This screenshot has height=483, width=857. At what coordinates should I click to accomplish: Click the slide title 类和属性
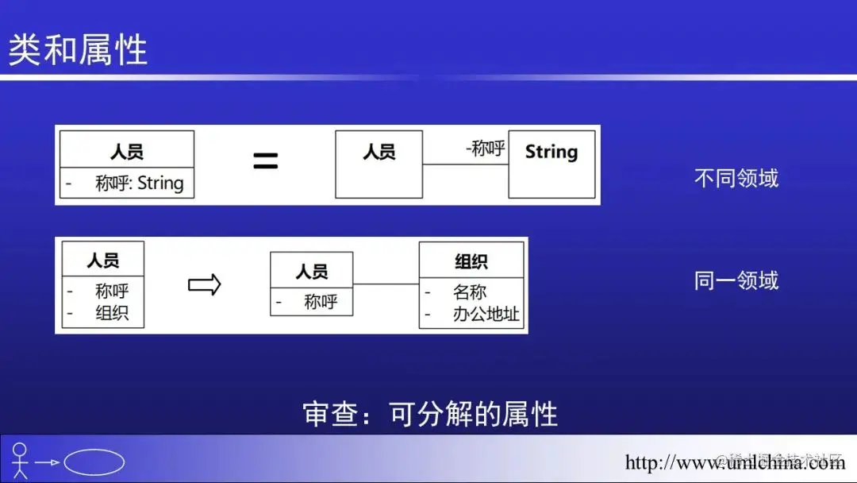tap(78, 49)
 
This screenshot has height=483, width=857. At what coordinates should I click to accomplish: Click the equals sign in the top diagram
tap(265, 161)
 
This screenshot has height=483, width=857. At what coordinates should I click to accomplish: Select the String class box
tap(551, 164)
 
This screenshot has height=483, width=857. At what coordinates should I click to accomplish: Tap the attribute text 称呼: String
tap(139, 184)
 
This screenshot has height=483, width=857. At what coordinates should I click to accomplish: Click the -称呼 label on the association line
tap(485, 148)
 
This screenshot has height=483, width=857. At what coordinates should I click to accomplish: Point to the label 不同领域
tap(736, 178)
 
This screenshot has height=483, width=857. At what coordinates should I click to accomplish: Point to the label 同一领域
tap(736, 280)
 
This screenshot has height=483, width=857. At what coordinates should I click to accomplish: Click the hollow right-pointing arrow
tap(204, 284)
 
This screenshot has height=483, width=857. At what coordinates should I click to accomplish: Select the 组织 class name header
tap(471, 261)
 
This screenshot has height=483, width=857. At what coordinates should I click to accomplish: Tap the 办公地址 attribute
tap(486, 314)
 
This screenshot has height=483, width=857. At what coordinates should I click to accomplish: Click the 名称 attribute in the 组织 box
tap(470, 292)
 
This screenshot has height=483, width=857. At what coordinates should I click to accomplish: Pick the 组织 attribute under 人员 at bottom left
tap(112, 313)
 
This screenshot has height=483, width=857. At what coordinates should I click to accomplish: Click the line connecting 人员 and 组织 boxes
tap(386, 284)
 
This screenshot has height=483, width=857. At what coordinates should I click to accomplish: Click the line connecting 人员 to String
tap(465, 164)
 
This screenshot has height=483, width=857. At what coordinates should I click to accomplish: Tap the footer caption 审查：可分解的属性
tap(430, 414)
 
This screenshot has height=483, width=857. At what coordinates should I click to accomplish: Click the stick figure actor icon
tap(20, 460)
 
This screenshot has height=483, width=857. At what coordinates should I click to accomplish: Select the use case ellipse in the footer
tap(94, 462)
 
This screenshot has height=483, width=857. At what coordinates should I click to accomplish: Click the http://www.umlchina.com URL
tap(734, 462)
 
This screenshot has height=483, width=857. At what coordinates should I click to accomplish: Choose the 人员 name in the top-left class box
tap(127, 152)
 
